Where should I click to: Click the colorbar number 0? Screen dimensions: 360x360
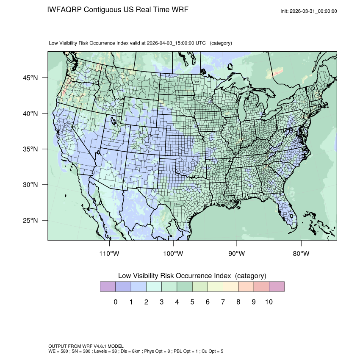[115, 302]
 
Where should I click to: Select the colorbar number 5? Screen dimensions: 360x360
[192, 302]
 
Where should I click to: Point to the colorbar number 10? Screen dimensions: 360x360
[269, 302]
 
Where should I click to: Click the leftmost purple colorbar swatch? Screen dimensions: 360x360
[108, 287]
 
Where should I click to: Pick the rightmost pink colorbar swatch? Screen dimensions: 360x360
[277, 287]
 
